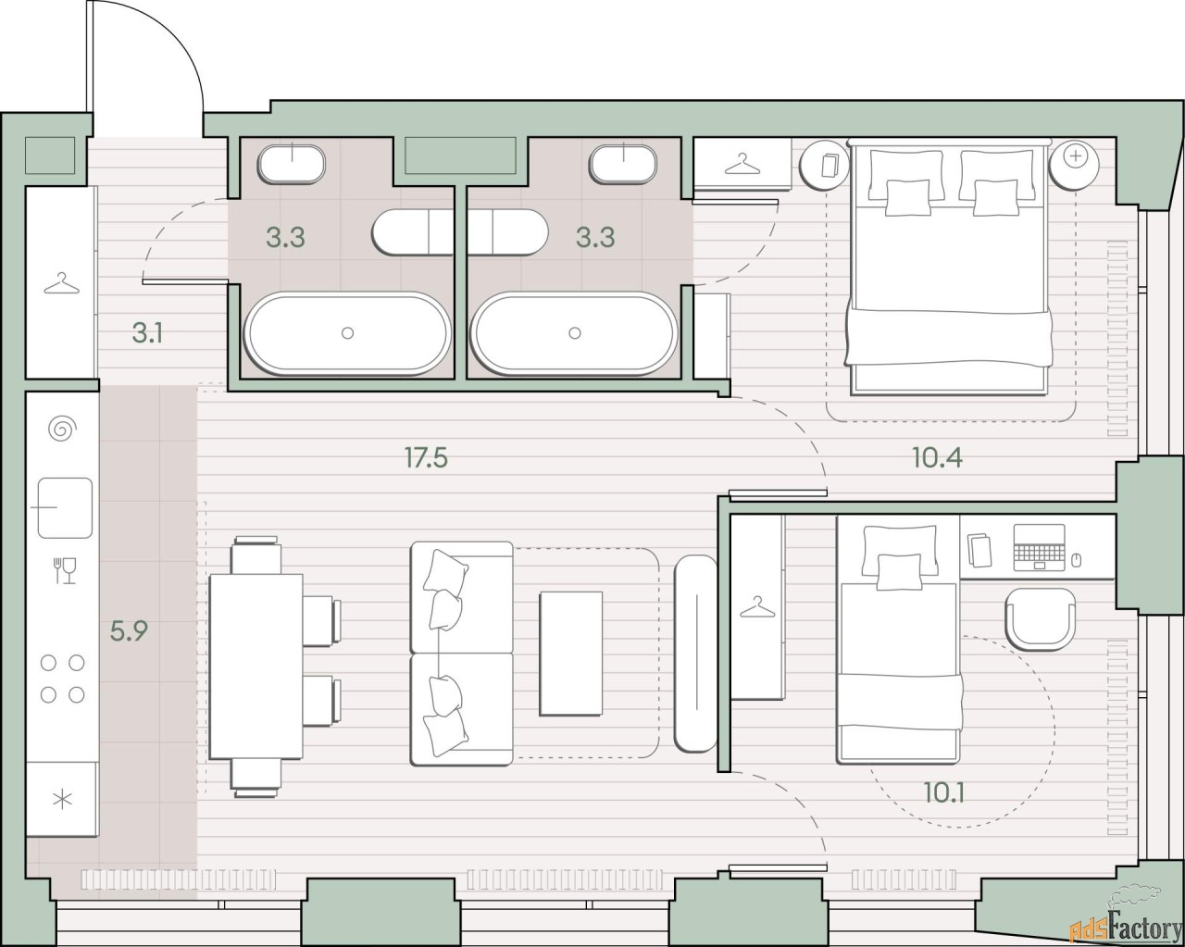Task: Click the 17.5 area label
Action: (426, 457)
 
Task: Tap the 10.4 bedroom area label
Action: (937, 457)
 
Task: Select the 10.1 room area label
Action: (943, 792)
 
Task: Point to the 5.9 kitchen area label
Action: (129, 631)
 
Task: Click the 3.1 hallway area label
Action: (147, 333)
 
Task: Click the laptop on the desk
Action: (1039, 547)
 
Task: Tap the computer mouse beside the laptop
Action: (1077, 560)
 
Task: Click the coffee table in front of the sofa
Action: (571, 654)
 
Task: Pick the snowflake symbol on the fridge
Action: (62, 800)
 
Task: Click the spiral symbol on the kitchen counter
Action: (62, 429)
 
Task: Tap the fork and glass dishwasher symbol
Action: (65, 570)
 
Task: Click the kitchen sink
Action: (65, 507)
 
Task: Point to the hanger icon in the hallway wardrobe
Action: (62, 283)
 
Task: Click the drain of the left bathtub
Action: (347, 333)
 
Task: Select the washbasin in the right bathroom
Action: (623, 164)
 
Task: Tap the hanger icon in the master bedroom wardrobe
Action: (742, 164)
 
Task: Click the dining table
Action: (256, 667)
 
